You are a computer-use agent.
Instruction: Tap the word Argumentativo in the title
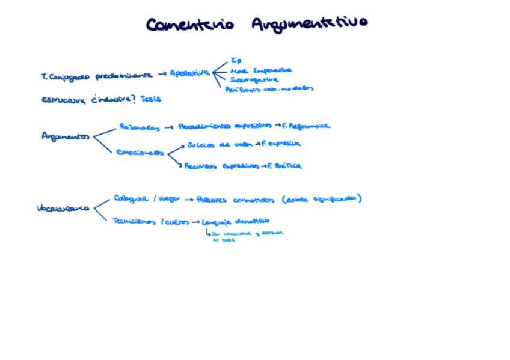(309, 24)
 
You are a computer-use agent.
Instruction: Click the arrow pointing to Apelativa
(162, 74)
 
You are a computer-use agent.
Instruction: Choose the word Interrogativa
(254, 79)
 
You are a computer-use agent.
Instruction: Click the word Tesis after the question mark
(151, 99)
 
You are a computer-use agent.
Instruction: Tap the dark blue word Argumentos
(66, 136)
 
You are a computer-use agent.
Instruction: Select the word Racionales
(140, 127)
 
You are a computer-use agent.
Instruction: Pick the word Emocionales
(140, 153)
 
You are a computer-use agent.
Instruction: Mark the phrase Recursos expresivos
(222, 166)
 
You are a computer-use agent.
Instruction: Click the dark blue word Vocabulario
(63, 209)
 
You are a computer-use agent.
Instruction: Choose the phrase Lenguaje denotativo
(236, 221)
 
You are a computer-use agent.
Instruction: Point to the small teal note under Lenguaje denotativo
(247, 236)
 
